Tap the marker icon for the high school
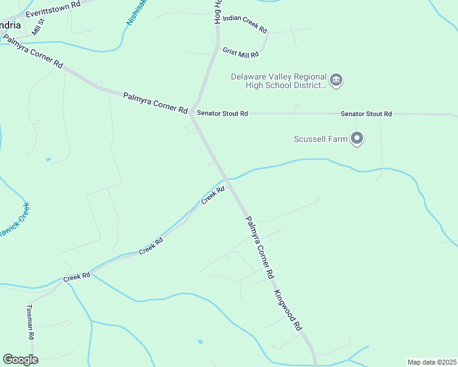[336, 80]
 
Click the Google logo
[21, 360]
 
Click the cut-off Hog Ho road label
[217, 12]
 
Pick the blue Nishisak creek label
[137, 12]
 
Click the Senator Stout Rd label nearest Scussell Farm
[366, 114]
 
